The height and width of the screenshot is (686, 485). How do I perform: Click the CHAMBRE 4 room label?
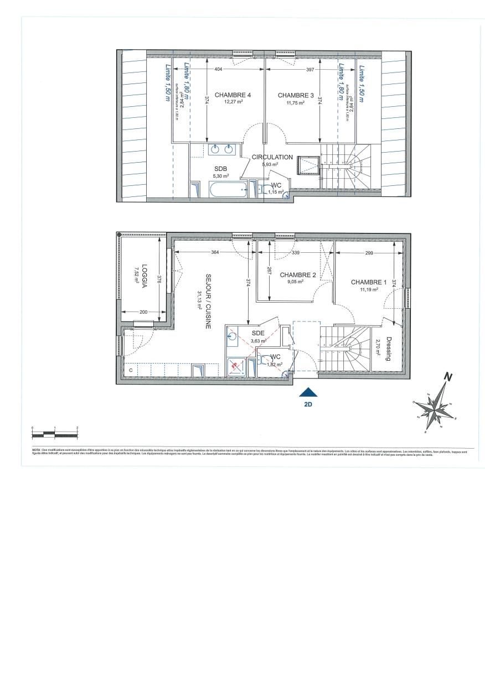(233, 95)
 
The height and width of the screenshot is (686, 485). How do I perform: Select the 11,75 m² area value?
(296, 102)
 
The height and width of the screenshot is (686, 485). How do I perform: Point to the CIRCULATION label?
(272, 157)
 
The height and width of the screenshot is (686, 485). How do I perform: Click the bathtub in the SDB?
(228, 191)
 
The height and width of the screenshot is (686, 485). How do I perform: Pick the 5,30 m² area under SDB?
(220, 176)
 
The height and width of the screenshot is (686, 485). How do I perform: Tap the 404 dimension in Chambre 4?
(218, 70)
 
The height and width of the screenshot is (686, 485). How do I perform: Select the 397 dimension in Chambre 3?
(310, 70)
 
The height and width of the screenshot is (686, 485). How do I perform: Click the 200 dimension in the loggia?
(143, 313)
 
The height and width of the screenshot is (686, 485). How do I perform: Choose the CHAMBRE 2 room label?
(298, 275)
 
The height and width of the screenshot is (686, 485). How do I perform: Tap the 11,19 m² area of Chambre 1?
(368, 289)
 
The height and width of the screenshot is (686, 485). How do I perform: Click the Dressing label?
(389, 349)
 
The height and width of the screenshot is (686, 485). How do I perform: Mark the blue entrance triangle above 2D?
(308, 392)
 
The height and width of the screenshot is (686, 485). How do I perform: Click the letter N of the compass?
(450, 378)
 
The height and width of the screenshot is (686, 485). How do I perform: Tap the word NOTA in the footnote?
(37, 451)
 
